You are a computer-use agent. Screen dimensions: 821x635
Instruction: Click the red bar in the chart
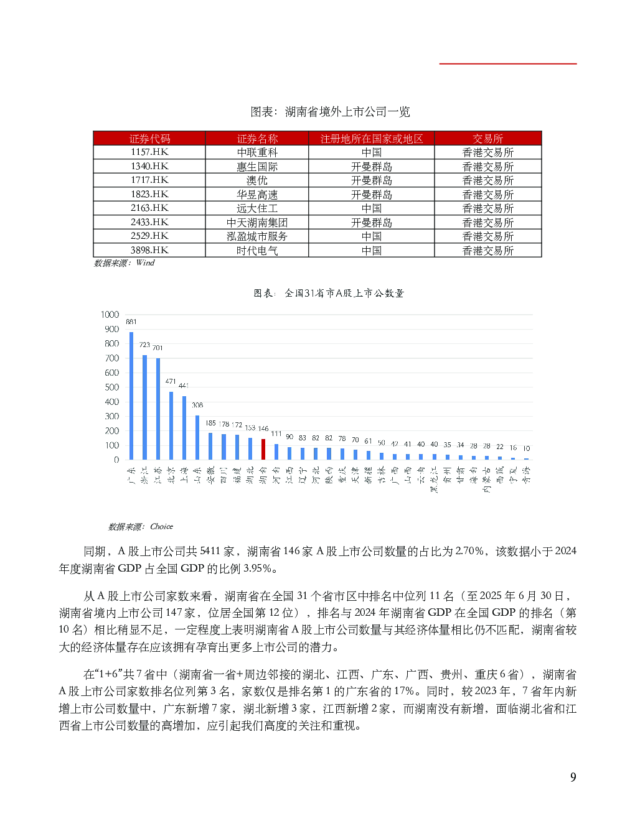[x=263, y=449]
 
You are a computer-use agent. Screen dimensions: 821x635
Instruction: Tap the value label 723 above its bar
[x=144, y=345]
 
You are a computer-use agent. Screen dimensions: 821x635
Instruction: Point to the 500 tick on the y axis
[x=112, y=387]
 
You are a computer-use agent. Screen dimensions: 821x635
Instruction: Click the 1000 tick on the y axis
[x=110, y=315]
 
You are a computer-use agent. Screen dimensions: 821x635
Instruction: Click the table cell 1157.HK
[x=149, y=152]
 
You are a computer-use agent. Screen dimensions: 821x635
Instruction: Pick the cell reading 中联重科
[x=257, y=152]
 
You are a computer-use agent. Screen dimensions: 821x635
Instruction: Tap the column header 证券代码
[x=149, y=139]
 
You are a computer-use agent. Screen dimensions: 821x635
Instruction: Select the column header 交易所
[x=488, y=139]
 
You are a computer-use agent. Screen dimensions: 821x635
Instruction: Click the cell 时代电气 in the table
[x=257, y=251]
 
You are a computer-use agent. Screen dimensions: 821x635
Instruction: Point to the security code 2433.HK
[x=149, y=223]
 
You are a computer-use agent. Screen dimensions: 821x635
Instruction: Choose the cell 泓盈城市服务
[x=257, y=236]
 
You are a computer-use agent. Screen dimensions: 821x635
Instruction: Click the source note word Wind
[x=145, y=263]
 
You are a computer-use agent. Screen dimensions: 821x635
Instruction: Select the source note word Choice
[x=161, y=527]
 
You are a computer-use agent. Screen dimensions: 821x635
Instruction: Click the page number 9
[x=573, y=777]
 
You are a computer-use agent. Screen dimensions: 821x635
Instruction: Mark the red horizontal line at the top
[x=508, y=63]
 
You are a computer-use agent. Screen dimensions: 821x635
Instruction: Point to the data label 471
[x=171, y=381]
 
